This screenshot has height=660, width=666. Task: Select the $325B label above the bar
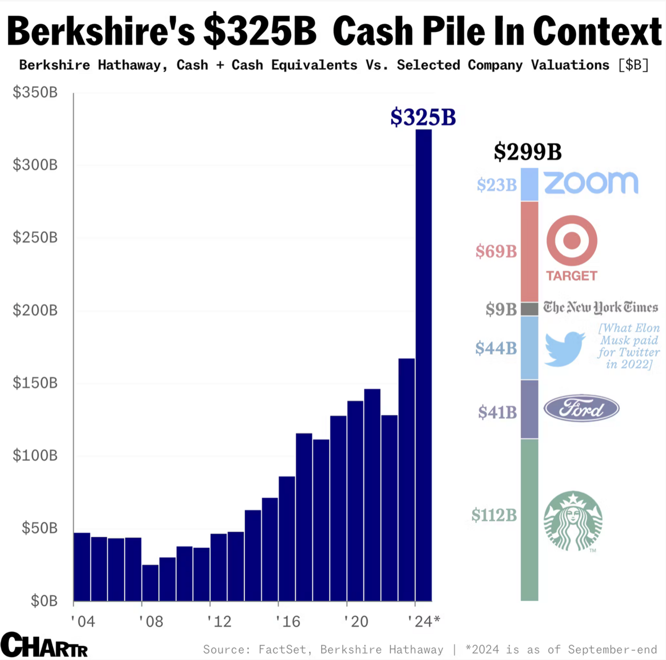423,117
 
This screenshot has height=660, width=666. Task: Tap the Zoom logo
591,183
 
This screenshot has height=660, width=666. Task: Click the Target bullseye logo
572,240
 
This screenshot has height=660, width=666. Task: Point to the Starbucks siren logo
573,520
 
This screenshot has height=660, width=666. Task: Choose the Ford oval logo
581,409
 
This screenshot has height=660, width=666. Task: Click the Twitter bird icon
564,349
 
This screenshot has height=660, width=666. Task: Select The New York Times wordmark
601,308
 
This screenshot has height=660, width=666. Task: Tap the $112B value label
494,515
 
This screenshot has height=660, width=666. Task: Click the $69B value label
496,251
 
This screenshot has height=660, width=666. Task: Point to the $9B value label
501,309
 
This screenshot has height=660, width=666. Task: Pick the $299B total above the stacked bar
527,152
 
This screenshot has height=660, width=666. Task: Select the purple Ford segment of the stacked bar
529,409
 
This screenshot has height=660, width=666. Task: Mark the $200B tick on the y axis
35,310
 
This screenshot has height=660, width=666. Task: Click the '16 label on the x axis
288,621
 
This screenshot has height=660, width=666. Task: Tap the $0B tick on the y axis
44,601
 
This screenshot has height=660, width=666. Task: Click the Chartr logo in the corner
44,645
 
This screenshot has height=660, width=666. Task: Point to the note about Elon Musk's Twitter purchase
629,346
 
